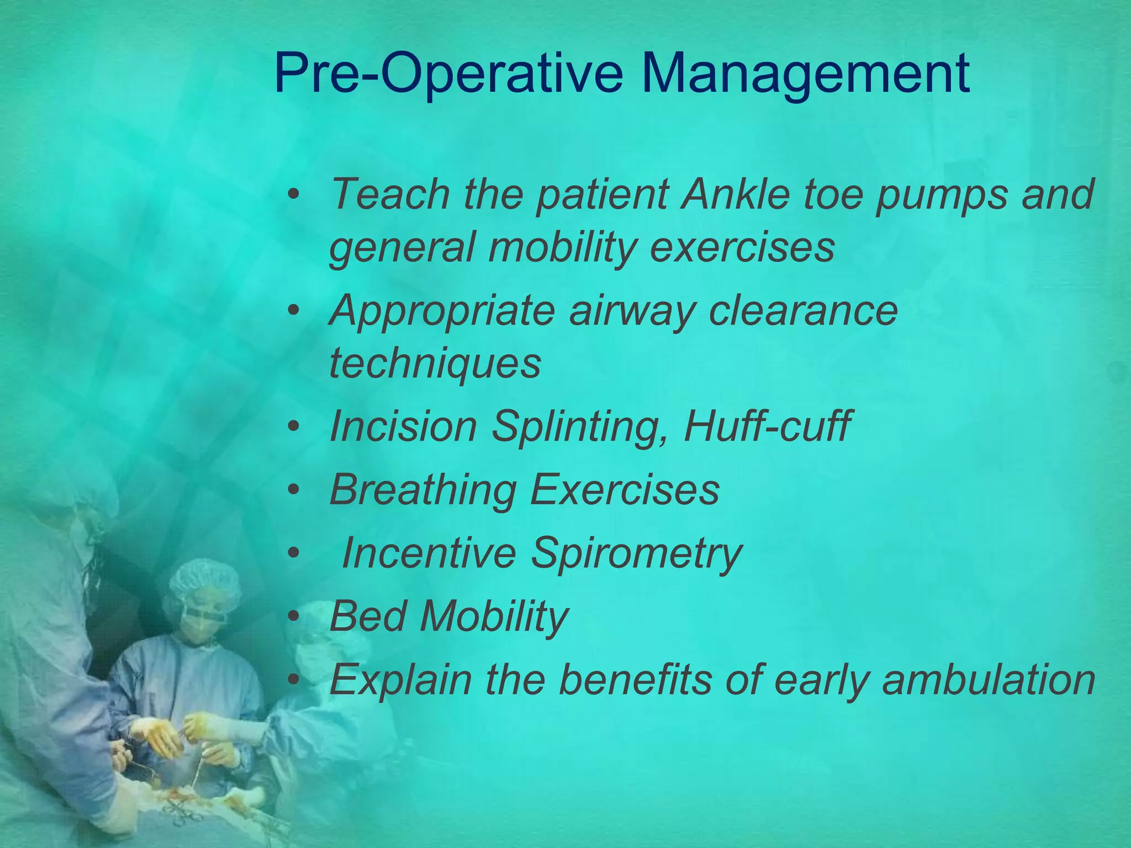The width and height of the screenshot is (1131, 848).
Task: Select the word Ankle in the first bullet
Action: point(735,194)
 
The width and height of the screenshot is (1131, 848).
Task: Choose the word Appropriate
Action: point(442,311)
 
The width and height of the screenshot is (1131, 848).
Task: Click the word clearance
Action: point(804,310)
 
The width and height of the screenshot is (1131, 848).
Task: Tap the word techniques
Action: point(435,364)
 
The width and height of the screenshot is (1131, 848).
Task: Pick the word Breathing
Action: point(423,490)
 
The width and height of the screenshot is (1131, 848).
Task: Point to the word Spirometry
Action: point(637,553)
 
